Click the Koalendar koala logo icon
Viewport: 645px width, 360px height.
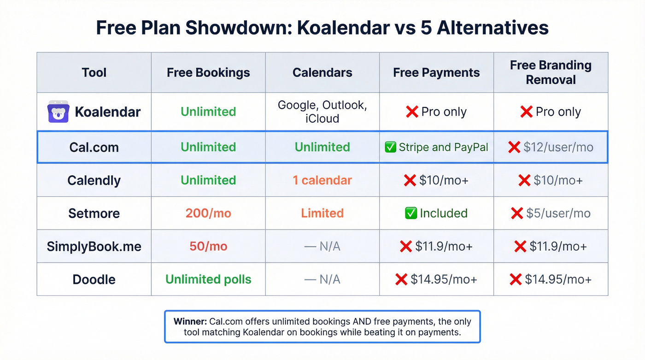[58, 112]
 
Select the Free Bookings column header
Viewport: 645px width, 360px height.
[208, 72]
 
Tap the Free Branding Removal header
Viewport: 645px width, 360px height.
[551, 72]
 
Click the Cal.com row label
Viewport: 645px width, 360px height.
[94, 148]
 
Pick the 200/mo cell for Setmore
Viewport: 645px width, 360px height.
[208, 213]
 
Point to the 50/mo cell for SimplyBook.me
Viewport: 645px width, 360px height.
[208, 246]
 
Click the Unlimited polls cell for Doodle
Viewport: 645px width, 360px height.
[208, 279]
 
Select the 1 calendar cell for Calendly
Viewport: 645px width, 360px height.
[322, 180]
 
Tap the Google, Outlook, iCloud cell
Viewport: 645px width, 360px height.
[322, 112]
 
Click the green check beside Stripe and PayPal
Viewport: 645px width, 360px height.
[390, 148]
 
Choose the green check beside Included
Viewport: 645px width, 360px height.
[410, 213]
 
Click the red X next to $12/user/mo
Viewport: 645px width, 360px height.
[514, 148]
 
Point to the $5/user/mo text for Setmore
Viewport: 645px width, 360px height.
[557, 213]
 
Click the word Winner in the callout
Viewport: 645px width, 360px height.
[190, 321]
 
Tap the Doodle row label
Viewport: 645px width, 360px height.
[94, 279]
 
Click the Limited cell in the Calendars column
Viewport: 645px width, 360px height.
[322, 213]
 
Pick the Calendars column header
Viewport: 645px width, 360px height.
[322, 72]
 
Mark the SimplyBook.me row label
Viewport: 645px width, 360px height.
[94, 246]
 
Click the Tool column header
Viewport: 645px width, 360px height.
[94, 72]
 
